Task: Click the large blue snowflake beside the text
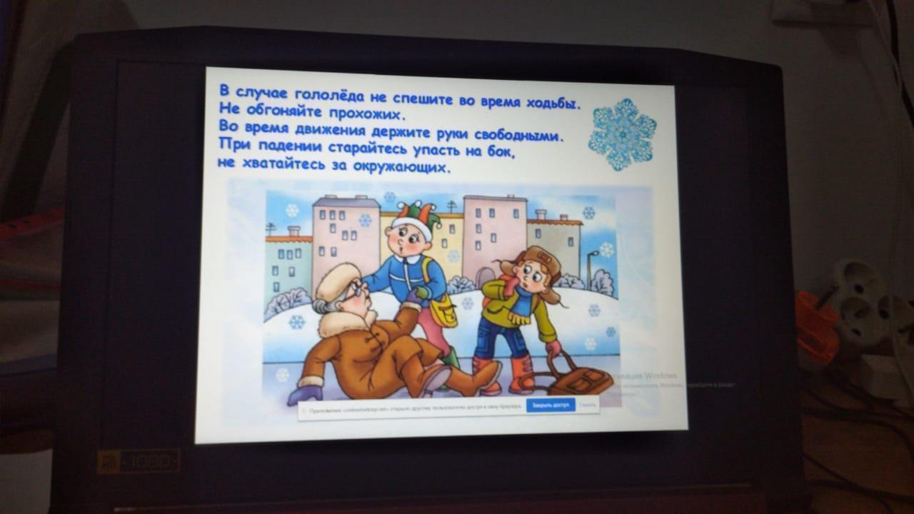[622, 133]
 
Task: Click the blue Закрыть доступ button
[551, 405]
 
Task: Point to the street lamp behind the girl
[590, 268]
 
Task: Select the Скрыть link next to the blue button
[588, 405]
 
